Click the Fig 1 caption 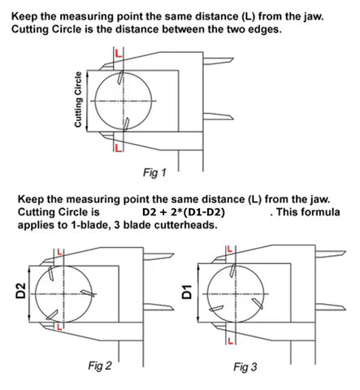click(154, 172)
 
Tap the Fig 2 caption click(100, 366)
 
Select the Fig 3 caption click(245, 367)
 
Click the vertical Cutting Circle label click(78, 99)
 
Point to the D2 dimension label click(21, 291)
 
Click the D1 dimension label click(187, 292)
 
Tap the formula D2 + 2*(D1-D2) click(184, 212)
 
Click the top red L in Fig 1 click(119, 53)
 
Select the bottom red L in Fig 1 click(119, 148)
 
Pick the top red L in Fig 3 click(230, 249)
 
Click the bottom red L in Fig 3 click(231, 341)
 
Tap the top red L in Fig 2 click(60, 252)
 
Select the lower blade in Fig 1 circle click(126, 124)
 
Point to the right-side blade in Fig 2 click(88, 292)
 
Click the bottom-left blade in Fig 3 click(216, 309)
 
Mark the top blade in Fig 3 click(232, 271)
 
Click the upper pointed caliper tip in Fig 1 click(233, 58)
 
